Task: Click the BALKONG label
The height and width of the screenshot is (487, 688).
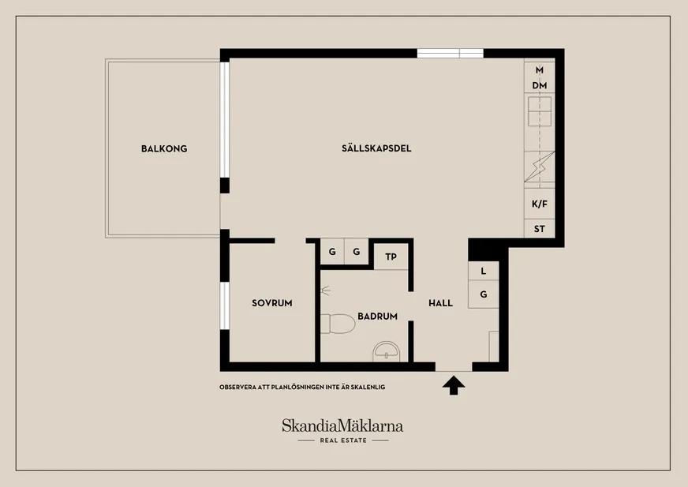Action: [x=164, y=149]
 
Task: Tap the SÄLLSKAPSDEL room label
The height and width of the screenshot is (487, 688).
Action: [x=376, y=148]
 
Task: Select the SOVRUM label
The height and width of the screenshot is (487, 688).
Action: [x=272, y=303]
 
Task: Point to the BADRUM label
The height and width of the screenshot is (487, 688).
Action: [x=377, y=317]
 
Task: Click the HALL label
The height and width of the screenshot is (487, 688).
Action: [x=440, y=303]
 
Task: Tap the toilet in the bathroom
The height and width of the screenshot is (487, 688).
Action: [x=337, y=324]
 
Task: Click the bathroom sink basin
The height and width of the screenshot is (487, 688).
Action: [x=387, y=352]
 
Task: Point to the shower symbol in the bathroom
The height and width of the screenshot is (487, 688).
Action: [x=325, y=290]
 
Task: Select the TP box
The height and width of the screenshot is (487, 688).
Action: [x=391, y=257]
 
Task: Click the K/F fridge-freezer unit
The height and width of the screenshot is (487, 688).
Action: [x=539, y=204]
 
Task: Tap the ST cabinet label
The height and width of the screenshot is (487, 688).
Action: [x=539, y=229]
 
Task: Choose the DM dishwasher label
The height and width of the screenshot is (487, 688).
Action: [x=539, y=85]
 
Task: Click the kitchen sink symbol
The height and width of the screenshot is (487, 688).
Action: [x=539, y=111]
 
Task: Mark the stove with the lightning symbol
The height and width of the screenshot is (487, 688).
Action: [x=539, y=167]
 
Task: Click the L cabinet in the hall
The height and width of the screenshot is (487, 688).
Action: [x=483, y=271]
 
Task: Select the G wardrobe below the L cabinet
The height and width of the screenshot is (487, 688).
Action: [x=483, y=294]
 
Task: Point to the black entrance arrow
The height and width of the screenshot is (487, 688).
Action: [x=454, y=385]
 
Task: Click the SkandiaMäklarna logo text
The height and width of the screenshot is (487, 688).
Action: [x=342, y=425]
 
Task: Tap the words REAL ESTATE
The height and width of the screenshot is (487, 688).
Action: [x=343, y=440]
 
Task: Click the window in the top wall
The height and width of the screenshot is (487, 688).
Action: [x=451, y=54]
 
